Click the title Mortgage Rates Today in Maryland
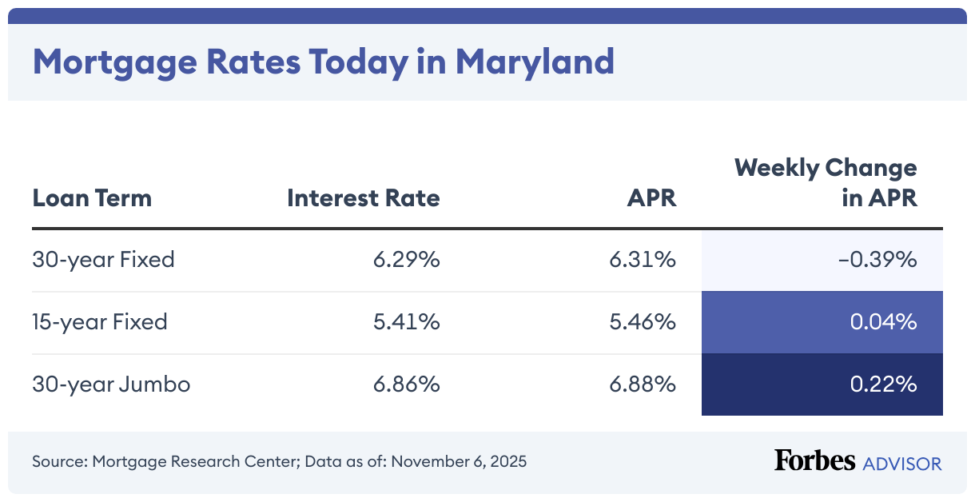(323, 62)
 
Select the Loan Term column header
(92, 197)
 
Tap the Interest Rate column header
(364, 197)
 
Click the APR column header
(651, 197)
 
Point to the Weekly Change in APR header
(826, 183)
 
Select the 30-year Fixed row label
(103, 260)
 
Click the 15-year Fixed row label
(100, 322)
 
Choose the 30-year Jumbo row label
(111, 384)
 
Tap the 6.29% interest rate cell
(406, 260)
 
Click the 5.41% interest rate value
(406, 322)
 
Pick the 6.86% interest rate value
(406, 384)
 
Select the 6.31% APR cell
(643, 260)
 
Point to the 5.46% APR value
(643, 322)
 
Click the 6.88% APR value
(643, 384)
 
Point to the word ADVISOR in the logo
(902, 463)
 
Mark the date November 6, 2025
(459, 462)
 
